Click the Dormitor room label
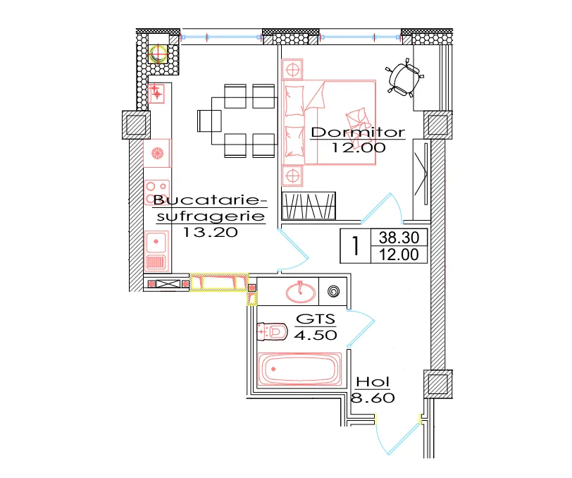(358, 132)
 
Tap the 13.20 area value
(210, 232)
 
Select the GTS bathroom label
(316, 319)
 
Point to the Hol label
(373, 382)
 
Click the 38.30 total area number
(399, 238)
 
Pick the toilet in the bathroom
(272, 331)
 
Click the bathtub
(299, 369)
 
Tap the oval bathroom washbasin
(301, 292)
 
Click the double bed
(329, 123)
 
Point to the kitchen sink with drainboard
(156, 251)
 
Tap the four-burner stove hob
(157, 192)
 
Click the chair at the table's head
(209, 121)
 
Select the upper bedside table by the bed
(292, 69)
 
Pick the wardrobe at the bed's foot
(309, 206)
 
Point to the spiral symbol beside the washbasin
(333, 291)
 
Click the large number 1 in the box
(355, 246)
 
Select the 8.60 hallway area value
(373, 398)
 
